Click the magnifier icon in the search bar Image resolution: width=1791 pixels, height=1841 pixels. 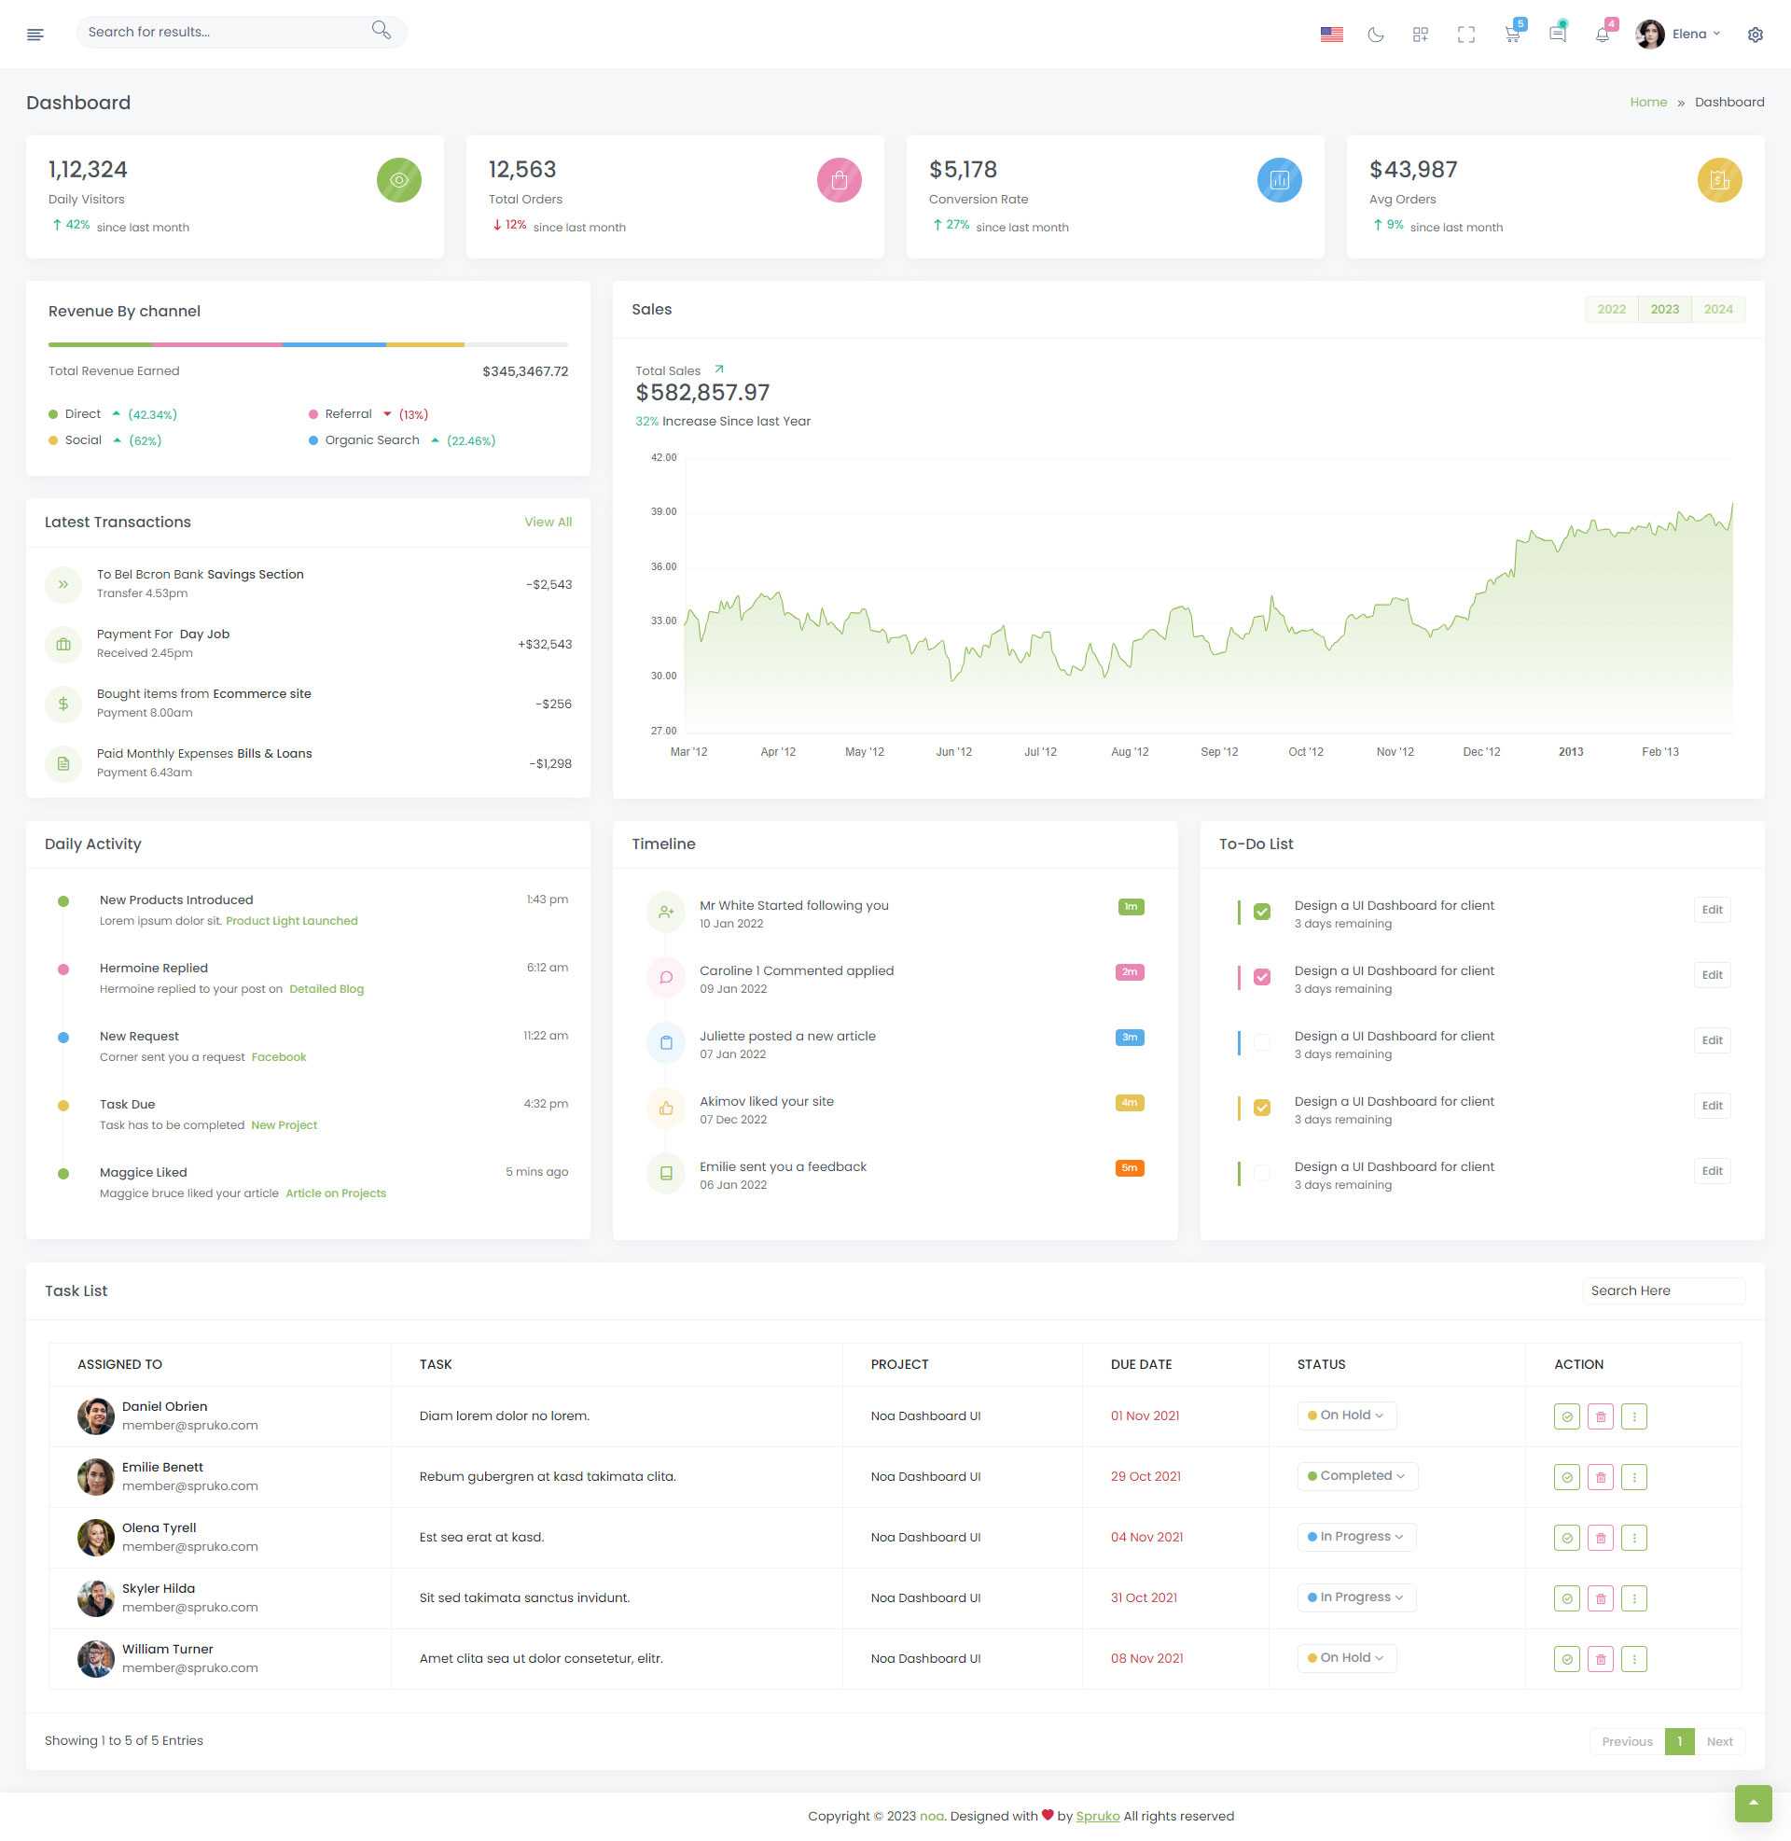click(x=381, y=30)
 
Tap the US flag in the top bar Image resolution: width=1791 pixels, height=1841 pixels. click(x=1331, y=35)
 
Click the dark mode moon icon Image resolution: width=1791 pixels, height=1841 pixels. click(x=1375, y=35)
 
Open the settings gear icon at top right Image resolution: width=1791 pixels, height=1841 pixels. click(x=1755, y=35)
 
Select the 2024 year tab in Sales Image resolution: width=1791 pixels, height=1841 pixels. click(x=1717, y=310)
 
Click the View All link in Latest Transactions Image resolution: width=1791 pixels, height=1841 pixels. click(x=548, y=523)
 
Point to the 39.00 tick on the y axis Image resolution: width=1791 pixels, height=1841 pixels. click(x=663, y=511)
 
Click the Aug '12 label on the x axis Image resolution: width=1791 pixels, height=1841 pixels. click(x=1129, y=752)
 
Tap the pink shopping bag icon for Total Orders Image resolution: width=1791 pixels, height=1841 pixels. click(x=839, y=180)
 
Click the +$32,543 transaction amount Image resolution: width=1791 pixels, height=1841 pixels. click(x=545, y=645)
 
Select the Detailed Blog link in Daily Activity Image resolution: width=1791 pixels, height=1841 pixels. click(x=326, y=989)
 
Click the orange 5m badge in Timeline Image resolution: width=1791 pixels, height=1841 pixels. click(x=1129, y=1168)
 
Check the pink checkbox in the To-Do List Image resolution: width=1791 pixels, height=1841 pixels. click(x=1261, y=976)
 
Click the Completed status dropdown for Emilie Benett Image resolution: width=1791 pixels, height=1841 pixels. click(x=1356, y=1476)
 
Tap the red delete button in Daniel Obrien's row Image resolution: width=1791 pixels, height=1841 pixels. click(x=1600, y=1416)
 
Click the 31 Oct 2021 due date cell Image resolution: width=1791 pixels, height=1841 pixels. click(x=1144, y=1597)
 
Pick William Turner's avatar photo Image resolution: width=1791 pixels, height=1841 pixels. click(x=95, y=1658)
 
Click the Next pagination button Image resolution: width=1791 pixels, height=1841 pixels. click(x=1718, y=1741)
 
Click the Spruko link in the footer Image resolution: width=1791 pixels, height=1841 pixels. click(x=1097, y=1816)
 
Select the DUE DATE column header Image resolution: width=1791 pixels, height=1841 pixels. click(x=1141, y=1364)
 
